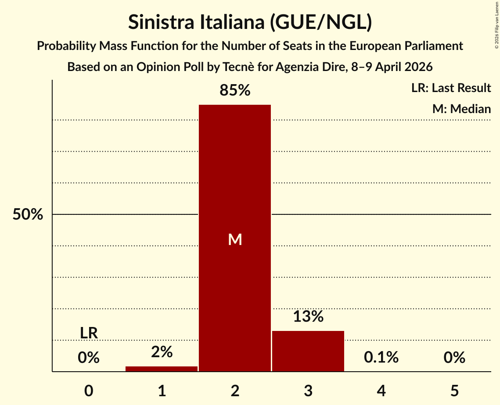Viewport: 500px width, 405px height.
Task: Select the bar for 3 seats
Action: point(308,351)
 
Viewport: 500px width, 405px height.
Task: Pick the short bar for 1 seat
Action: point(162,369)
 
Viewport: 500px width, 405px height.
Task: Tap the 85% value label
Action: point(235,91)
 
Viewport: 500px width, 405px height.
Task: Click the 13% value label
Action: point(308,316)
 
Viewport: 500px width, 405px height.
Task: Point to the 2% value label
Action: point(162,352)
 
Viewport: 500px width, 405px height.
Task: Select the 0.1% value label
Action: point(381,358)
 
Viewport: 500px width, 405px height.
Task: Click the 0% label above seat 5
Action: point(454,358)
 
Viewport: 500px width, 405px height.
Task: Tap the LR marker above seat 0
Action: point(89,333)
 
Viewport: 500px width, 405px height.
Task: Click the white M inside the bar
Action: point(235,239)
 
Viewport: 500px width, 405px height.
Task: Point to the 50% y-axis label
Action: point(28,215)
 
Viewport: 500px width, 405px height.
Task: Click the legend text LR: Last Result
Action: point(451,88)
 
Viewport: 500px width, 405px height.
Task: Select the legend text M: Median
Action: point(461,109)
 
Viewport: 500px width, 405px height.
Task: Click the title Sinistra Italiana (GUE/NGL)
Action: point(250,22)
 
